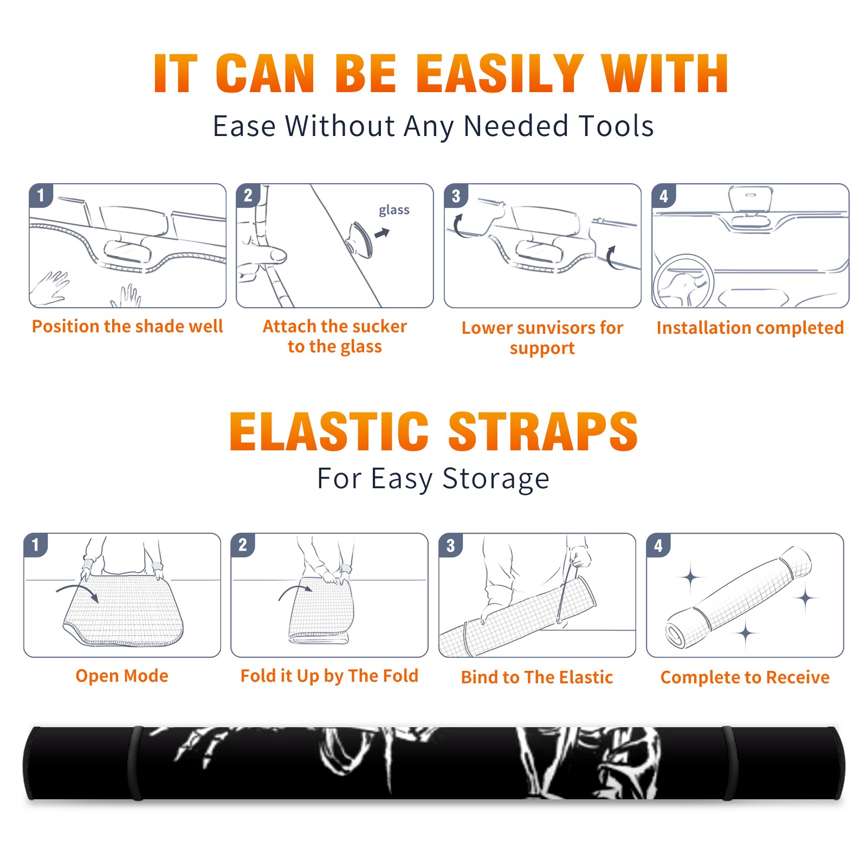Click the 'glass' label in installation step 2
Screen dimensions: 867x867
(x=394, y=210)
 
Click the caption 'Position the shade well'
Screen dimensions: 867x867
(x=127, y=326)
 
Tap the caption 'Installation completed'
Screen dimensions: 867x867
(x=750, y=328)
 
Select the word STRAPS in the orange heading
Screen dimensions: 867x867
(x=544, y=431)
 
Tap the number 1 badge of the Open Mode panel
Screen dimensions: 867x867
(x=36, y=545)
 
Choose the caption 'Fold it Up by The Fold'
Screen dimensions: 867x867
(x=329, y=676)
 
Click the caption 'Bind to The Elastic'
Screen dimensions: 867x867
(x=537, y=677)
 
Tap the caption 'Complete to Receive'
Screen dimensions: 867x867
(x=745, y=677)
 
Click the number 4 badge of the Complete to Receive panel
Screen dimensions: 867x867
(x=658, y=545)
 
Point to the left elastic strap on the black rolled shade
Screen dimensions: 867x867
(x=135, y=763)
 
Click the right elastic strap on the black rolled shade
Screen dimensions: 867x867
(x=730, y=763)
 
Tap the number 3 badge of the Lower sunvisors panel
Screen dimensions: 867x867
(x=456, y=196)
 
